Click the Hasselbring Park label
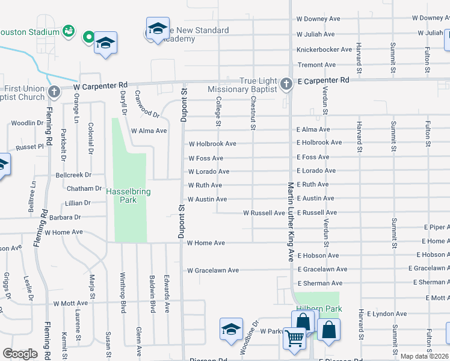(x=128, y=196)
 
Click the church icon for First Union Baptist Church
(x=54, y=92)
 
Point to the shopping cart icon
(x=294, y=338)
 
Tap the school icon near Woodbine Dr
(x=231, y=330)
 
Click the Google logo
(x=20, y=354)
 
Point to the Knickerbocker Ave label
(x=324, y=50)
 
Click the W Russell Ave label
(x=264, y=213)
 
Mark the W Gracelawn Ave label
(x=212, y=271)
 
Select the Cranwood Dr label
(x=147, y=105)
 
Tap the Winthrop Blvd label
(x=123, y=293)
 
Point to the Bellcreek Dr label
(x=73, y=175)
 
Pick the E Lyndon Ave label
(x=381, y=314)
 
